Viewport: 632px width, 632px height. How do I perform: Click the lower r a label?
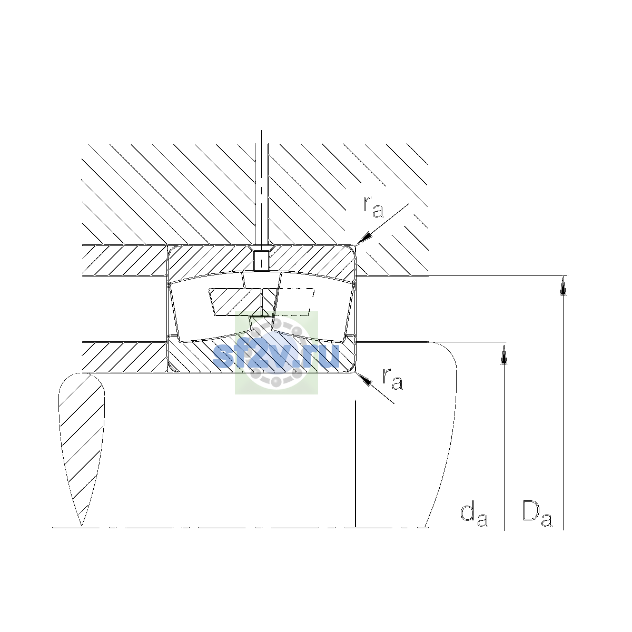click(392, 379)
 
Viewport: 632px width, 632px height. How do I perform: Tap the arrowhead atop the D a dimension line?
click(563, 285)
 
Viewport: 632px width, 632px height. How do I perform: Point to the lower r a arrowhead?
click(364, 379)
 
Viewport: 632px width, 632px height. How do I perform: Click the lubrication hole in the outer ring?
click(261, 260)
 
